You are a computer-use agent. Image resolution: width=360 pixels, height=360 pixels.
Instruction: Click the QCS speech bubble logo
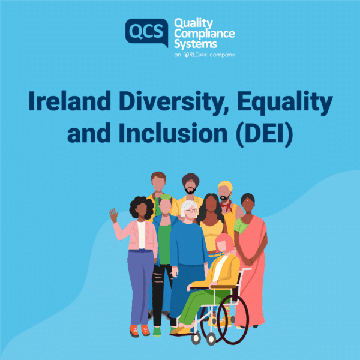coord(146,32)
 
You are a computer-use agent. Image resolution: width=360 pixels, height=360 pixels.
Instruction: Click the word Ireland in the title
coord(70,101)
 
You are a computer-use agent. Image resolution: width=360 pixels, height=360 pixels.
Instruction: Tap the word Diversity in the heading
coord(174,103)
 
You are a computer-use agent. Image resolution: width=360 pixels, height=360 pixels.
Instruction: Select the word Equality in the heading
coord(285,103)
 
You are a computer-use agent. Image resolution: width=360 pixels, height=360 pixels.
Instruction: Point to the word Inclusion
coord(173,133)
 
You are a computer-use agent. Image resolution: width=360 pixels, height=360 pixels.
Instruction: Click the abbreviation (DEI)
coord(264,134)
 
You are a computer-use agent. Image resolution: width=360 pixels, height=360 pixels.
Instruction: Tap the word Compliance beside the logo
coord(205,34)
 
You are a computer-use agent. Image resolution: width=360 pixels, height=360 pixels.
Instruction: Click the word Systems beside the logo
coord(196,44)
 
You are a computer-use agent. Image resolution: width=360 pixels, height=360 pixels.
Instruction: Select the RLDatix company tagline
coord(205,55)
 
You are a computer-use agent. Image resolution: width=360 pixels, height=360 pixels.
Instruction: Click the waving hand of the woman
coord(113,215)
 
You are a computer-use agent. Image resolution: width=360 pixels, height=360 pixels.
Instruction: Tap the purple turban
coord(191,178)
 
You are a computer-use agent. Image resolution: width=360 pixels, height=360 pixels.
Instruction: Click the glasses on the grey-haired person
coord(191,211)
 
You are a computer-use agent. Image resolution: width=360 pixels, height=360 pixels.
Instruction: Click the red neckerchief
coord(226,205)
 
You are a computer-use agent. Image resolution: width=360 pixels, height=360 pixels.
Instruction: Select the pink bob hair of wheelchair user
coord(224,242)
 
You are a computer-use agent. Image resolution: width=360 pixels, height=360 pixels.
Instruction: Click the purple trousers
coord(140,287)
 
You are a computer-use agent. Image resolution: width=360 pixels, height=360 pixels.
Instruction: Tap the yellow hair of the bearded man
coord(225,185)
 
